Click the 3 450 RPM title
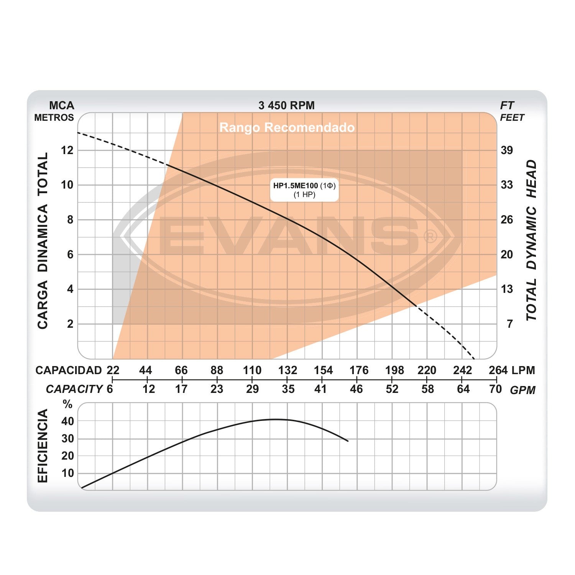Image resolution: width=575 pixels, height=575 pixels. pos(286,105)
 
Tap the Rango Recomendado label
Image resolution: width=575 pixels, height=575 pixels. pos(287,127)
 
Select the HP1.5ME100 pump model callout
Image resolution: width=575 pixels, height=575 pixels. pos(304,190)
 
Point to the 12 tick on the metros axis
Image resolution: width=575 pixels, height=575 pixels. pos(67,150)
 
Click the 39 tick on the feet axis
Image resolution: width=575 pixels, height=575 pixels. pos(507,150)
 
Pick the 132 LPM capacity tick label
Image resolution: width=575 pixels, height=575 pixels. pos(287,370)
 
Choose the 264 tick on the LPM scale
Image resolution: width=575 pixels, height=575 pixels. pos(498,370)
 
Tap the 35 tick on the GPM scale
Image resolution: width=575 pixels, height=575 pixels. pos(288,389)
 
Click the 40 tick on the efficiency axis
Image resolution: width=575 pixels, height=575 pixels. pos(68,421)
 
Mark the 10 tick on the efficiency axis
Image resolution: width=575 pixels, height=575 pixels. pos(68,473)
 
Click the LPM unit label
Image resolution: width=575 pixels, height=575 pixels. pos(523,370)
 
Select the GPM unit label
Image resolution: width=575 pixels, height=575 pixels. pos(522,390)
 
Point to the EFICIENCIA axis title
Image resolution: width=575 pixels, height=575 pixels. pos(43,446)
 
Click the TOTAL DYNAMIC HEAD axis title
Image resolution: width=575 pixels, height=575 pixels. pos(531,240)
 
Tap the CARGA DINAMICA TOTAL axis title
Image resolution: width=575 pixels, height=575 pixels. pos(43,240)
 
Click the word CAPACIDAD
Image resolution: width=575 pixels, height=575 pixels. pos(69,370)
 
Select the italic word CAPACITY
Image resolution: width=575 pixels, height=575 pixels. pos(74,389)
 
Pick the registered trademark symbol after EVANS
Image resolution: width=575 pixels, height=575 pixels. pos(430,236)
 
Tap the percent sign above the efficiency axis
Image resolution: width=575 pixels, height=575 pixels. pos(68,404)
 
